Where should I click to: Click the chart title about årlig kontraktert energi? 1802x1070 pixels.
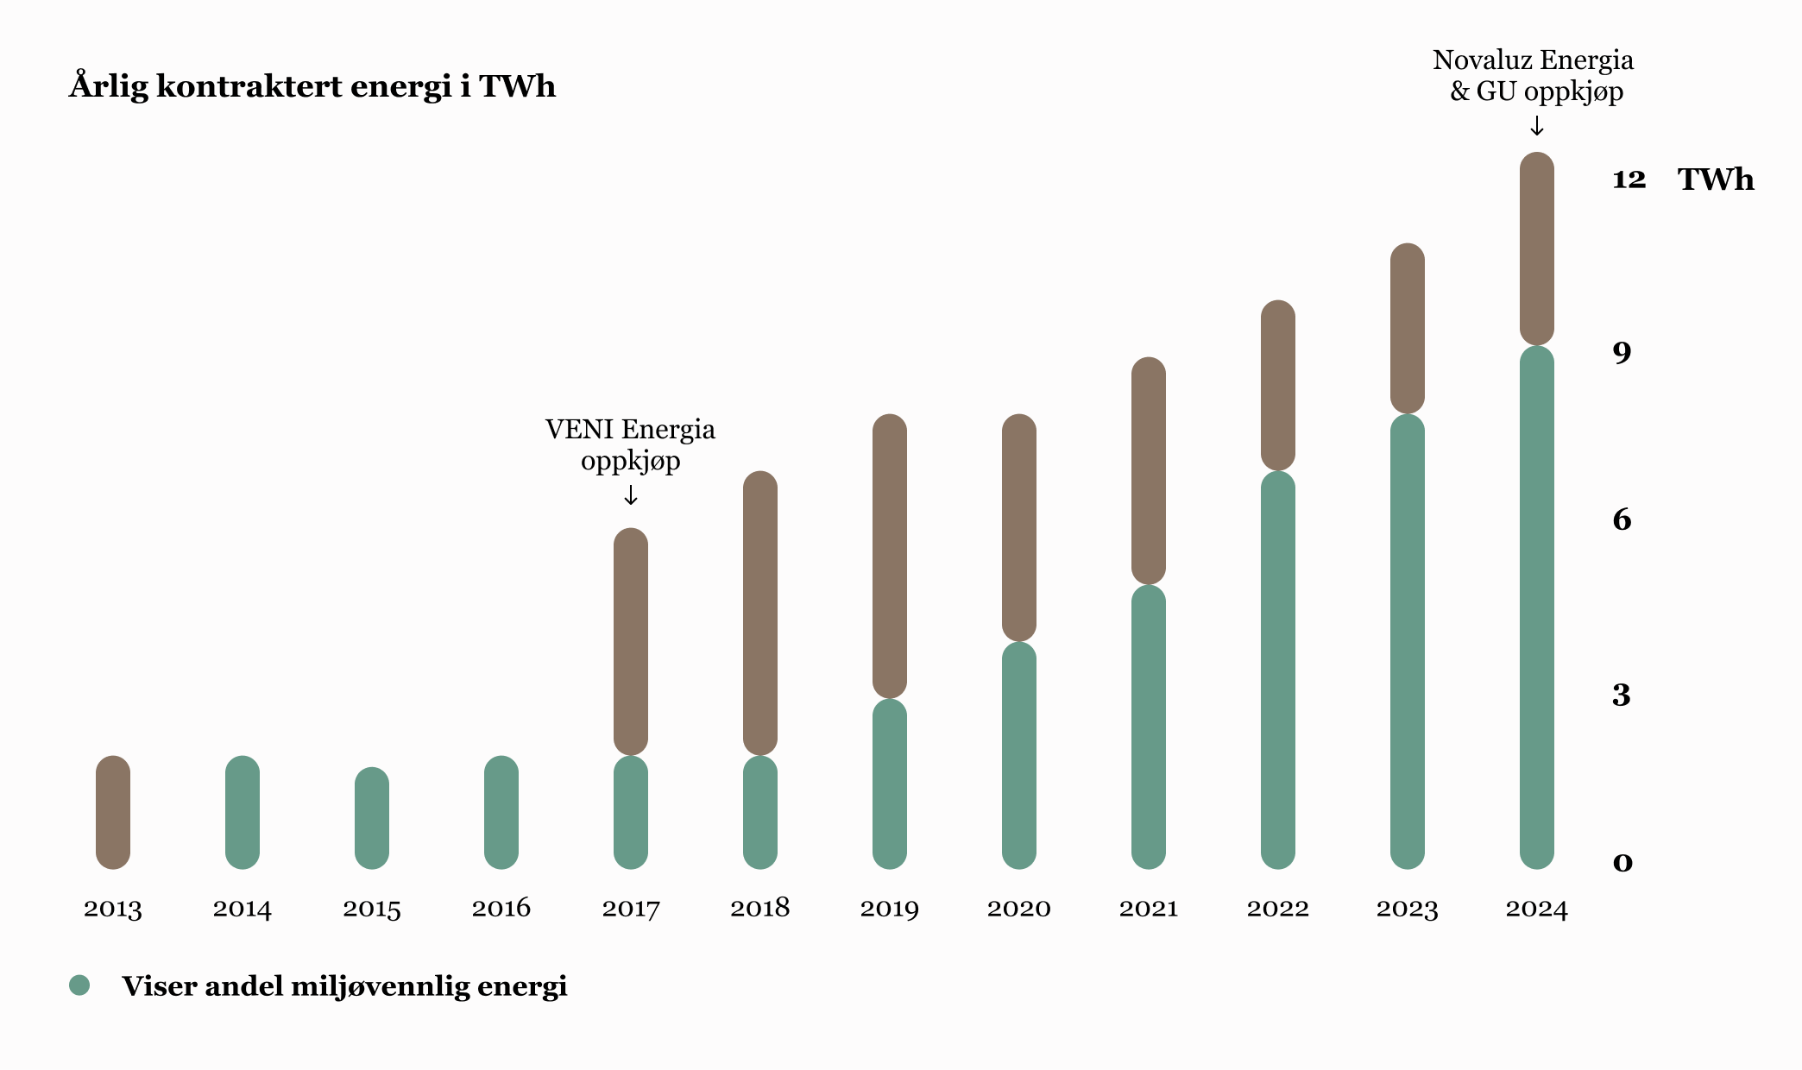[x=312, y=86]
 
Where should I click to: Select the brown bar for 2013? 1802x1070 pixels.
[x=113, y=812]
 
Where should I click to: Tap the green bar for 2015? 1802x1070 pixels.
[x=372, y=818]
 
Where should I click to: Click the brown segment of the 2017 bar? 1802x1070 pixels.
[x=631, y=641]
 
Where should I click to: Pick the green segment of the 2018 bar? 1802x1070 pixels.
[x=760, y=812]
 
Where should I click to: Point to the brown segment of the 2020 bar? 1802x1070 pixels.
[x=1019, y=527]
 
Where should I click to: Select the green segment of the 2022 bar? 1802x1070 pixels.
[x=1278, y=670]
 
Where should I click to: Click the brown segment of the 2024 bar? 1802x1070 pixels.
[x=1537, y=249]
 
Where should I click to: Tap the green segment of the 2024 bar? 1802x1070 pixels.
[x=1537, y=607]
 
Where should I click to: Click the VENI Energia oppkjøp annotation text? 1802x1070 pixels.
[x=630, y=444]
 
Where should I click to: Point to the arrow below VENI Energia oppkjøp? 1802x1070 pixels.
[x=631, y=495]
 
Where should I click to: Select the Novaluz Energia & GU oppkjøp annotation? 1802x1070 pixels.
[x=1534, y=75]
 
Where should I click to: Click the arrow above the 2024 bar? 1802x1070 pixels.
[x=1537, y=127]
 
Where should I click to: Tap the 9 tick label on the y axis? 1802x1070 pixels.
[x=1622, y=353]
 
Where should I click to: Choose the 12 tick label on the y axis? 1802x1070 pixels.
[x=1629, y=179]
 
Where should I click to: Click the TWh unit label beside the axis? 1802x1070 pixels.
[x=1716, y=179]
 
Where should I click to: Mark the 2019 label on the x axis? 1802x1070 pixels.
[x=890, y=909]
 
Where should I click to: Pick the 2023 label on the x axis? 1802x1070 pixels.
[x=1408, y=909]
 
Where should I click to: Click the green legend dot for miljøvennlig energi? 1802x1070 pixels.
[x=79, y=985]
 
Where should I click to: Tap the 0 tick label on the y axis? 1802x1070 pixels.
[x=1622, y=863]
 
